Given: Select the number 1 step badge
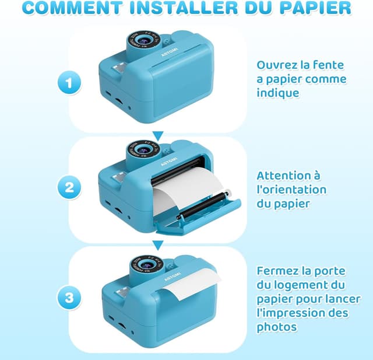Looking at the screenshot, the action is pos(69,83).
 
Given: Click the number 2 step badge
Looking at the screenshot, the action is pos(69,187).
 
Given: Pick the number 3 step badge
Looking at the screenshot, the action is pos(69,298).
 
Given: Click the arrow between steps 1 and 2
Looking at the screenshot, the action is pos(158,136).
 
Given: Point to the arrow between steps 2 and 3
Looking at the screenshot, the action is pos(158,245).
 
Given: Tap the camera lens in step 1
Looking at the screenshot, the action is pos(143,40).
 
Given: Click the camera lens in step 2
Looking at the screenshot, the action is pos(143,149).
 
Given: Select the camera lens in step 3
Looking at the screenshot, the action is pos(146,264).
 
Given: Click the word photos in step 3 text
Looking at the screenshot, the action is pos(277,327).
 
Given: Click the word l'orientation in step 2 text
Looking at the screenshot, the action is pos(291,190).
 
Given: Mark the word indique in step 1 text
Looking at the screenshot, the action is pos(278,93).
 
